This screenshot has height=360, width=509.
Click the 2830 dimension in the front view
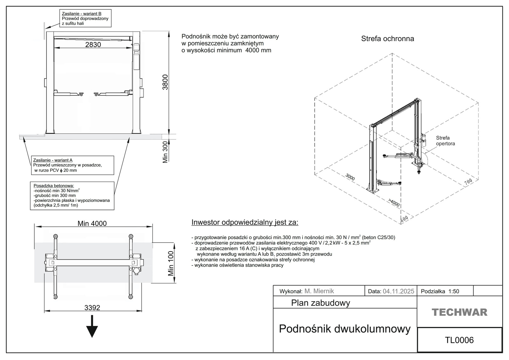tap(93, 45)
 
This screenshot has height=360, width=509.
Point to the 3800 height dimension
tap(165, 82)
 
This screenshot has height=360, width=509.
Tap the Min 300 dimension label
tap(165, 152)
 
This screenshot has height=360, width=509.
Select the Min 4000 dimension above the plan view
tap(92, 224)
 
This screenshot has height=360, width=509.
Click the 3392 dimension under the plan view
tap(92, 308)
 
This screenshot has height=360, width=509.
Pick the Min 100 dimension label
tap(171, 263)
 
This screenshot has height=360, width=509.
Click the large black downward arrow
tap(92, 327)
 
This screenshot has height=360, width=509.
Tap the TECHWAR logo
tap(459, 312)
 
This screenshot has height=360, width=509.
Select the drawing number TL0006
tap(459, 340)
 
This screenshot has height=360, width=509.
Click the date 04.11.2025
tap(398, 291)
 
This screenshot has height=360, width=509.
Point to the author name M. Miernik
tap(319, 291)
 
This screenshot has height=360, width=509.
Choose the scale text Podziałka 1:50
tap(440, 291)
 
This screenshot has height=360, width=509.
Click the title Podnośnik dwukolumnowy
tap(345, 329)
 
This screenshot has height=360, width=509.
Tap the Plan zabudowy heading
tap(320, 303)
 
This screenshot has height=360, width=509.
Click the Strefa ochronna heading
tap(387, 39)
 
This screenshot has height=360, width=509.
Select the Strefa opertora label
tap(445, 141)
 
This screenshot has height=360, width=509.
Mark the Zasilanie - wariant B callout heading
tap(81, 14)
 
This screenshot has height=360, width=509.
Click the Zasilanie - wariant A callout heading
tap(53, 160)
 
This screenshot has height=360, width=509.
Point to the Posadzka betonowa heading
tap(54, 186)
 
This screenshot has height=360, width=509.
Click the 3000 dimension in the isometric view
tap(350, 177)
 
